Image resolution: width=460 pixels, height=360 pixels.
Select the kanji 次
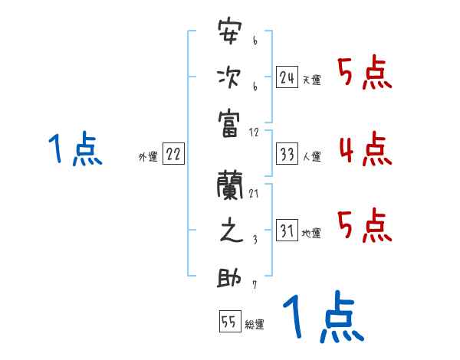(x=230, y=78)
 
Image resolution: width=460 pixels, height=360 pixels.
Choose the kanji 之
(x=230, y=231)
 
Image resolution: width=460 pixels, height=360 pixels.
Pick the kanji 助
(x=230, y=276)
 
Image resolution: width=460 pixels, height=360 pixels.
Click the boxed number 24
(x=287, y=77)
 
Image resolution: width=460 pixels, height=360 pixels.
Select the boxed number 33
(x=287, y=154)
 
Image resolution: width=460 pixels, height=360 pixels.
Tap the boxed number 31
(x=287, y=231)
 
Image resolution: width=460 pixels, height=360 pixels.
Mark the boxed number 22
(x=173, y=154)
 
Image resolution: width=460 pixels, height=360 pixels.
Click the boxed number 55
(x=228, y=322)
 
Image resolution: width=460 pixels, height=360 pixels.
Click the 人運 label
(x=311, y=157)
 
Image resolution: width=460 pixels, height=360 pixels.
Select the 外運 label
(x=148, y=157)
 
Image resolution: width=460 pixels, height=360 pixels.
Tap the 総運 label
(x=255, y=325)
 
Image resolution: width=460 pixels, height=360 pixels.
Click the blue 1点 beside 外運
(x=75, y=149)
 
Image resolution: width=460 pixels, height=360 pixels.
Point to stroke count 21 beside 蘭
(x=253, y=193)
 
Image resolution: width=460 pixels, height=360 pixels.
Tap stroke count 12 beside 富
(x=255, y=132)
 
